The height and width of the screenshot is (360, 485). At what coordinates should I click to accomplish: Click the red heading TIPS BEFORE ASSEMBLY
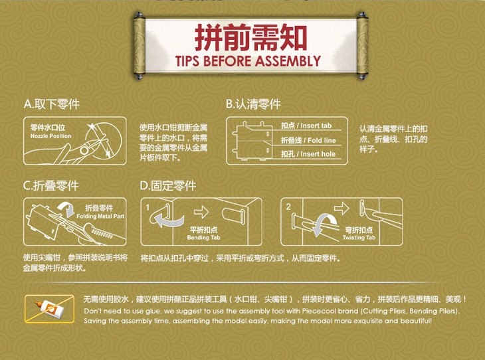248,61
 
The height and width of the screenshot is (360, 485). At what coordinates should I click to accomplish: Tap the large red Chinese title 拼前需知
251,37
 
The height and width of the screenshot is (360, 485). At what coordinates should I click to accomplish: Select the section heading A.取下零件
52,104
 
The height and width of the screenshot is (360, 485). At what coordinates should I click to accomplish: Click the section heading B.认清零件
253,104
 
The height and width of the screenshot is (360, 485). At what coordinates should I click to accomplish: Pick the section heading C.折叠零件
51,185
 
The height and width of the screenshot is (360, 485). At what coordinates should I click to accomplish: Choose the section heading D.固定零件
168,185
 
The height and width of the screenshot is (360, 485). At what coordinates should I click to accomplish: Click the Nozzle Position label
50,136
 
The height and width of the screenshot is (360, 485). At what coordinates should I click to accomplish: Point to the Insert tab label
316,126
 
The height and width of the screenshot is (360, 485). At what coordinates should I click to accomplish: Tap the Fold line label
322,140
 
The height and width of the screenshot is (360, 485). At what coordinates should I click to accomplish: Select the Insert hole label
318,154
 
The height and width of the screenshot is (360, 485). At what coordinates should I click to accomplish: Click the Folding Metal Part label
100,216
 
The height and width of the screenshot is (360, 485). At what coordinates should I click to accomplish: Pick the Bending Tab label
203,238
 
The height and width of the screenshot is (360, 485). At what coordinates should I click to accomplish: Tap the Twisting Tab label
359,238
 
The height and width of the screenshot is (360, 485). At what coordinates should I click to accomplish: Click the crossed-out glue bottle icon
49,309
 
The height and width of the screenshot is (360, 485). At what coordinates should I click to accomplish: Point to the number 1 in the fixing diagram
147,207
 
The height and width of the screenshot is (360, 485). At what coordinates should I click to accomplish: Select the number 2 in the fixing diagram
288,207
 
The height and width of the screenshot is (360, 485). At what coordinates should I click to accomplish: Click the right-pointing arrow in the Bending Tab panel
201,212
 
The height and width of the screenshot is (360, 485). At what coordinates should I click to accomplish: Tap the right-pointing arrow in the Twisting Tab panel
341,209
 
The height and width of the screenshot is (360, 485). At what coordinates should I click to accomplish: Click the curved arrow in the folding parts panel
67,209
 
